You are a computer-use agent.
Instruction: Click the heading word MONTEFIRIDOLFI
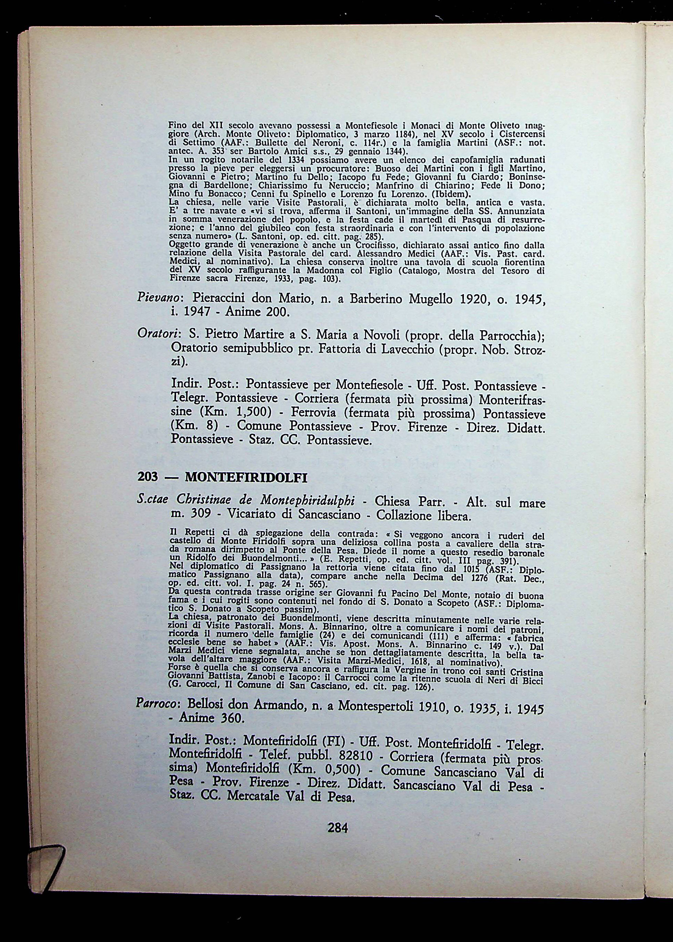[246, 478]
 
